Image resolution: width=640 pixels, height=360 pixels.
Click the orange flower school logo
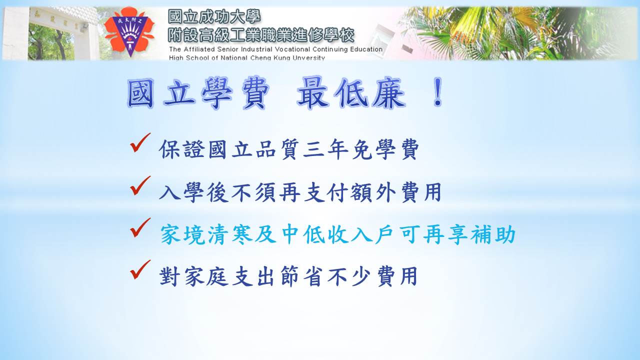click(x=129, y=32)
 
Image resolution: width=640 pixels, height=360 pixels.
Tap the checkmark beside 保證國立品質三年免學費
click(x=140, y=142)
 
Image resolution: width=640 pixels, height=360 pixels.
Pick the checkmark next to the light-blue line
click(x=140, y=227)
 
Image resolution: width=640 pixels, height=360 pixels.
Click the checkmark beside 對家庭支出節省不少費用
click(x=140, y=269)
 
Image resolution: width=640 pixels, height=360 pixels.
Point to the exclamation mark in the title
click(x=437, y=91)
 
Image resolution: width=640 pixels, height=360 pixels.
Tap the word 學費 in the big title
click(x=235, y=93)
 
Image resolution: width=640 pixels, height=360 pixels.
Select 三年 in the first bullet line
click(x=325, y=149)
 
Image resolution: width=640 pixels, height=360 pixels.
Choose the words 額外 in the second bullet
click(x=373, y=192)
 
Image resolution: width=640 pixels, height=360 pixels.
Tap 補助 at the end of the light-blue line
click(x=493, y=234)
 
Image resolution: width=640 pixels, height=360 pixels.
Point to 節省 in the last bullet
click(x=302, y=276)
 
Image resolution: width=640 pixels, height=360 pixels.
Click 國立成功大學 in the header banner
click(x=214, y=16)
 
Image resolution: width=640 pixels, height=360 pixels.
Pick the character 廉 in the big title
click(x=389, y=93)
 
